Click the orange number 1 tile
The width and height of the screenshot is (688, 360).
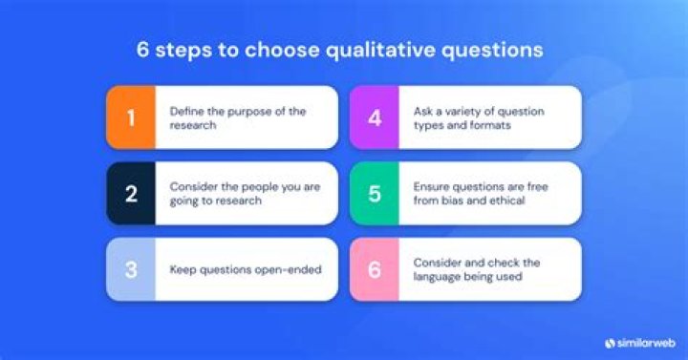[131, 117]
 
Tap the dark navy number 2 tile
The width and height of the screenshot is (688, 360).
[131, 194]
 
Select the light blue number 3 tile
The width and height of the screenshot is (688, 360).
[131, 269]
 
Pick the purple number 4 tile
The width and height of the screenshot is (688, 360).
[374, 117]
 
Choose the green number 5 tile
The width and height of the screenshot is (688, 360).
[374, 194]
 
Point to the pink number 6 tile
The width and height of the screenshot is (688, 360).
[374, 269]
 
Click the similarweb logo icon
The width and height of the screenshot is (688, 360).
[610, 341]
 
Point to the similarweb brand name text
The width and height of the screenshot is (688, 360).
[644, 341]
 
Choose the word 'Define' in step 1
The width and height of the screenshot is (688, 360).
[185, 112]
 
